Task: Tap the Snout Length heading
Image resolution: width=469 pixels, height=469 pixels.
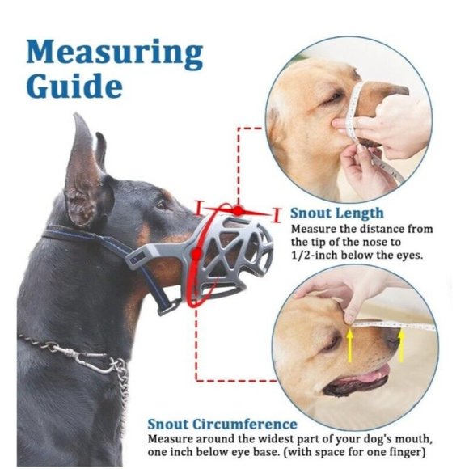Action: pos(336,213)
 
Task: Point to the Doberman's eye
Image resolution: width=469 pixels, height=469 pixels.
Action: pos(163,205)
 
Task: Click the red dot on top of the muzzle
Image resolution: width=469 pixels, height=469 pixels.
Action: pos(239,210)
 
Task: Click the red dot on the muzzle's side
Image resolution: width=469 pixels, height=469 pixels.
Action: pos(196,254)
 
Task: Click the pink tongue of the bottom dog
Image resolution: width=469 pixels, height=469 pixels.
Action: pos(373,374)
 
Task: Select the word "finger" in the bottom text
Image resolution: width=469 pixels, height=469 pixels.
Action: pos(408,452)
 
